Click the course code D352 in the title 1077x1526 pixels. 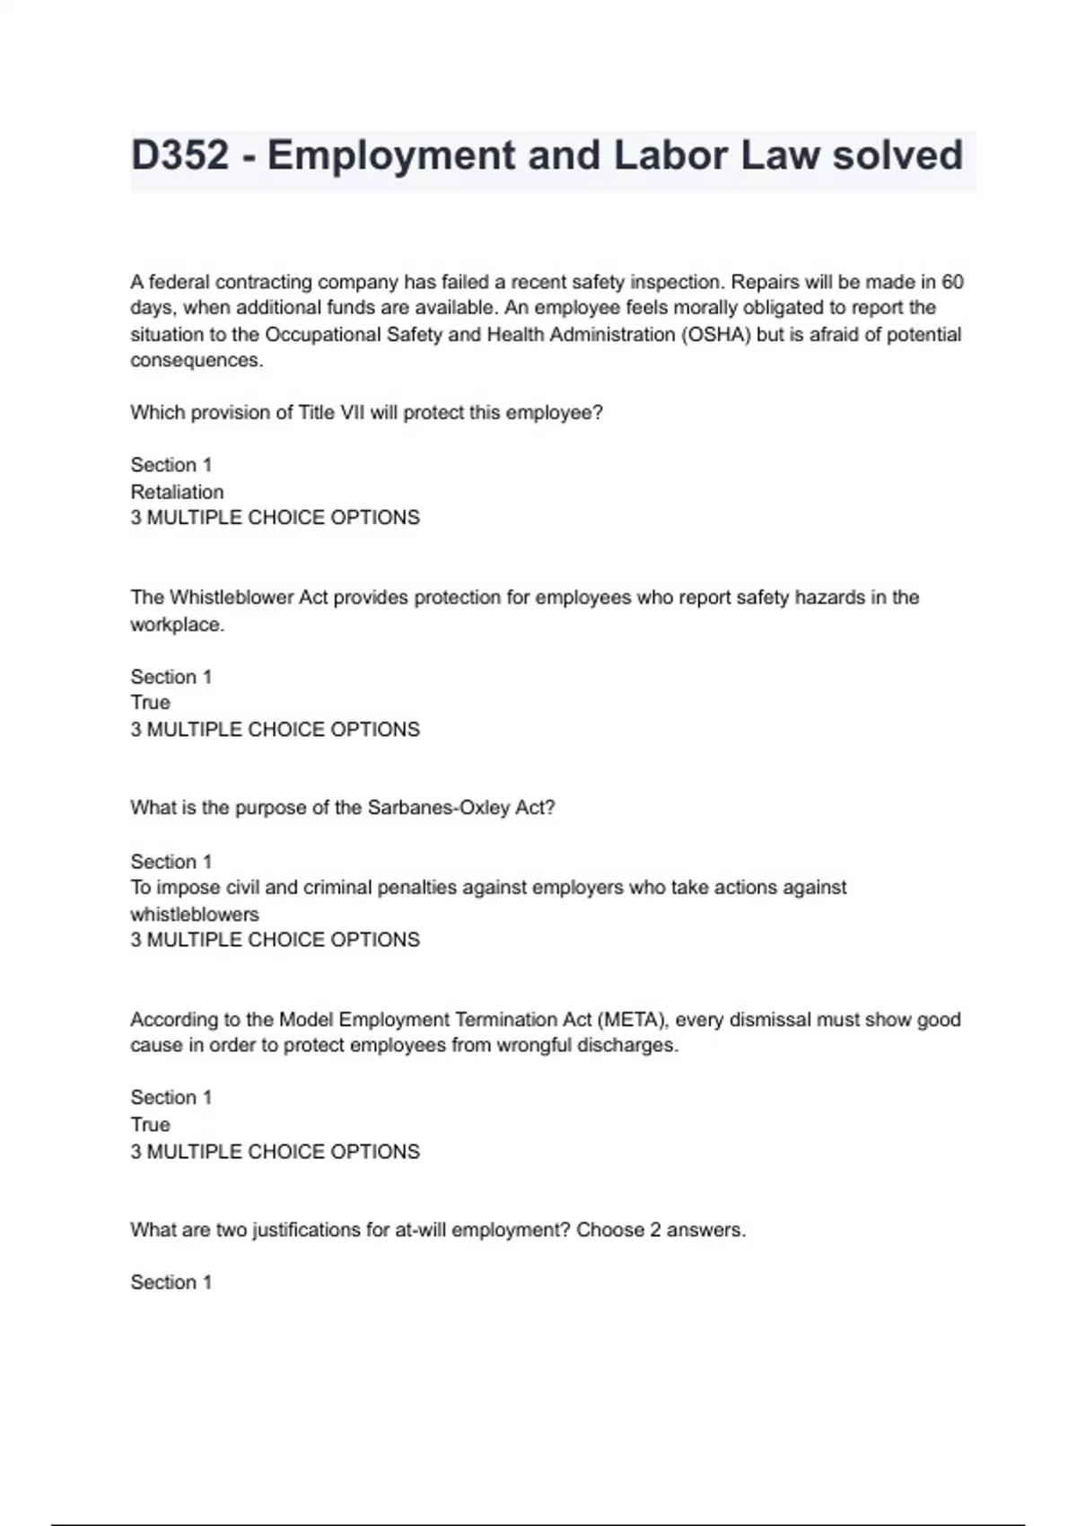point(179,155)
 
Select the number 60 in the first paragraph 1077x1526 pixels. point(952,282)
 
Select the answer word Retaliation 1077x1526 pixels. point(177,492)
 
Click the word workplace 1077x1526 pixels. point(177,625)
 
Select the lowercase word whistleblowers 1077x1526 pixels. point(194,915)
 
